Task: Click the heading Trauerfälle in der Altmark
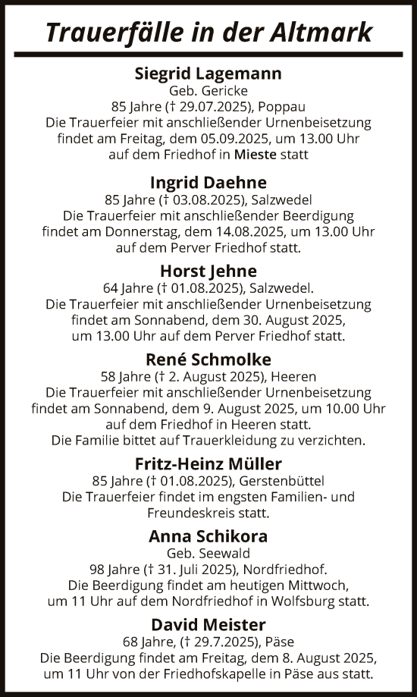208,33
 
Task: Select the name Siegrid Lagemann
208,74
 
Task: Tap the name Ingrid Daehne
208,183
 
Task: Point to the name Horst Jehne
208,271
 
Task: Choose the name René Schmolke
208,359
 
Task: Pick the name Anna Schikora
208,535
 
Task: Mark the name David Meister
208,624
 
